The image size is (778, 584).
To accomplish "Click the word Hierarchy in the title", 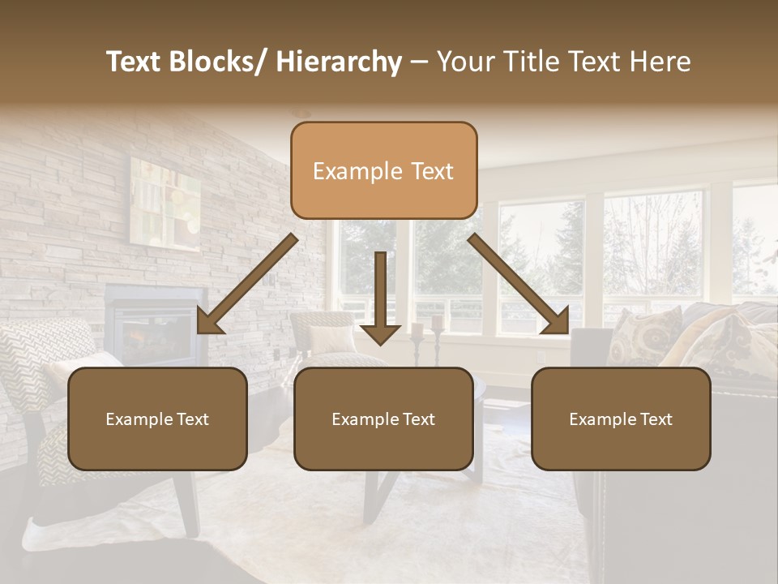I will pyautogui.click(x=339, y=62).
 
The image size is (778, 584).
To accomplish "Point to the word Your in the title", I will pyautogui.click(x=464, y=62).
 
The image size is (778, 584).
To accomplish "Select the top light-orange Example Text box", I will pyautogui.click(x=383, y=171).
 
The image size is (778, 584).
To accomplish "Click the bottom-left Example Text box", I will pyautogui.click(x=157, y=419).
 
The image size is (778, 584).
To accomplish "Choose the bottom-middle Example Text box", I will pyautogui.click(x=383, y=419).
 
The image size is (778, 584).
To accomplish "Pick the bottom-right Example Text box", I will pyautogui.click(x=621, y=419).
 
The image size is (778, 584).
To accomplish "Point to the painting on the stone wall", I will pyautogui.click(x=165, y=203).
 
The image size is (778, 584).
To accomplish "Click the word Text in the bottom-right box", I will pyautogui.click(x=655, y=419).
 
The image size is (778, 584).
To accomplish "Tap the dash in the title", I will pyautogui.click(x=419, y=62).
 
